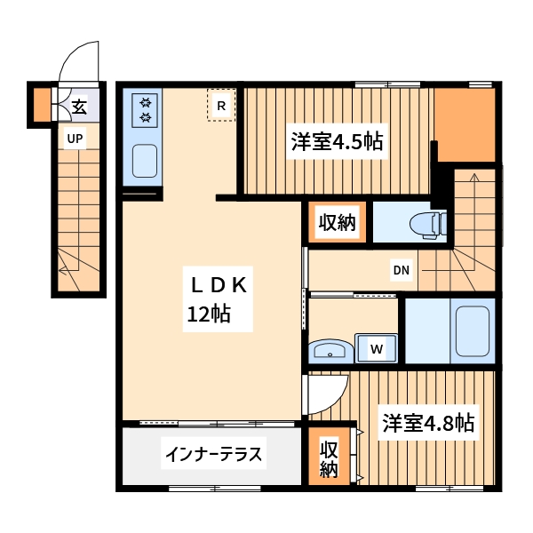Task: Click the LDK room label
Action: pyautogui.click(x=219, y=285)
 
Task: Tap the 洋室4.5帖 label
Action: pyautogui.click(x=336, y=141)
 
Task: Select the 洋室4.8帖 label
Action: pyautogui.click(x=427, y=423)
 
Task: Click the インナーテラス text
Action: pyautogui.click(x=213, y=456)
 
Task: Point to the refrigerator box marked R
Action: pyautogui.click(x=221, y=105)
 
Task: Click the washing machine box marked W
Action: pyautogui.click(x=377, y=348)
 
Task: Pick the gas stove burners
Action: pyautogui.click(x=144, y=110)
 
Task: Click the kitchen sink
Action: pyautogui.click(x=145, y=162)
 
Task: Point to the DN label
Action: pyautogui.click(x=400, y=270)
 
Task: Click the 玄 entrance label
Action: pyautogui.click(x=78, y=107)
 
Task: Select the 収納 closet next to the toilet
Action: pyautogui.click(x=338, y=222)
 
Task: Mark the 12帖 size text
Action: pyautogui.click(x=209, y=314)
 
